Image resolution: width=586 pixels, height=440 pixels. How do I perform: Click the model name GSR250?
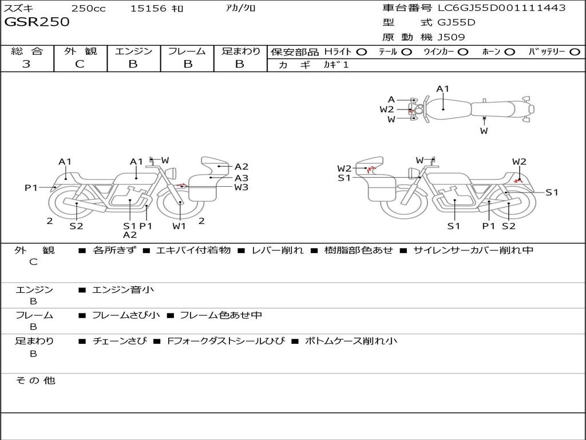tap(37, 22)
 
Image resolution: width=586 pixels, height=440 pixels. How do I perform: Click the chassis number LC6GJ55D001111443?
tap(502, 7)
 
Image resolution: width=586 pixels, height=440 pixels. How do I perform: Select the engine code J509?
tap(451, 37)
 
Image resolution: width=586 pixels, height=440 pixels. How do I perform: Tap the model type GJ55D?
tap(456, 22)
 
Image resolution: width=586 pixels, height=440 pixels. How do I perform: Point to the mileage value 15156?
tap(148, 8)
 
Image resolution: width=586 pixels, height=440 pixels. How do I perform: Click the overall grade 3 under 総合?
tap(26, 64)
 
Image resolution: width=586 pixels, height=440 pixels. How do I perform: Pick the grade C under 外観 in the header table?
tap(80, 64)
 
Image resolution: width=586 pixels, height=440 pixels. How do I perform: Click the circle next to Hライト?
tap(362, 52)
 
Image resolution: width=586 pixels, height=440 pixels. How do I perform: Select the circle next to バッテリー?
tap(575, 52)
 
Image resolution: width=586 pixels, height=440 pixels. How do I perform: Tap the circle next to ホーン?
tap(510, 52)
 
